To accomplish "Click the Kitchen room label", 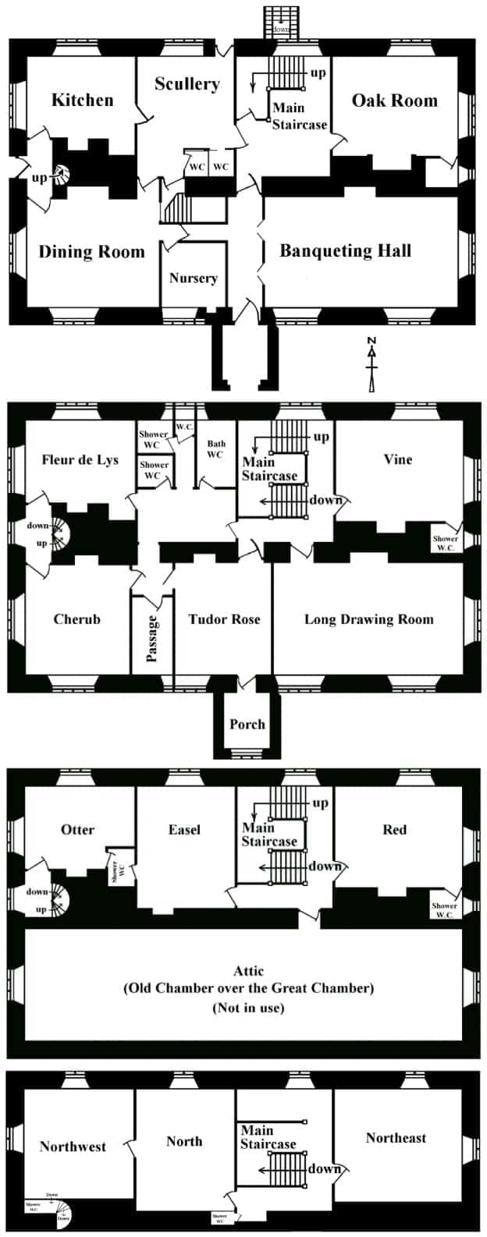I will tap(82, 100).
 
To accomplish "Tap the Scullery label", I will tap(187, 84).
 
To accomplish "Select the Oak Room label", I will tap(394, 100).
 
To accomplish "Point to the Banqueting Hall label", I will tap(345, 250).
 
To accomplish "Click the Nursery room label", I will tap(193, 278).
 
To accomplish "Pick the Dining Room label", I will tap(91, 251).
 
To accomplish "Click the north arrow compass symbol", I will tap(372, 363).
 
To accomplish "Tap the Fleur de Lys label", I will tap(80, 459).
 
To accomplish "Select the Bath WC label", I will tap(215, 449).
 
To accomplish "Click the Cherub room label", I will tap(76, 619).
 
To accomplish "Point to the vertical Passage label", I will tap(153, 639).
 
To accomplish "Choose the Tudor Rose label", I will tap(224, 619).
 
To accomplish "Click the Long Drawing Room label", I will tap(368, 619).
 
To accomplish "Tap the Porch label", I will tap(247, 724).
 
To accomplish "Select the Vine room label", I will tap(397, 459).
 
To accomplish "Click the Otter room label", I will tap(77, 829).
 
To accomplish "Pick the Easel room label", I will tap(184, 829).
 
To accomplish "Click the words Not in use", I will tap(248, 1008).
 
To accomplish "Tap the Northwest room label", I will tap(73, 1147).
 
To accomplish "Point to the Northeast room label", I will tap(396, 1138).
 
